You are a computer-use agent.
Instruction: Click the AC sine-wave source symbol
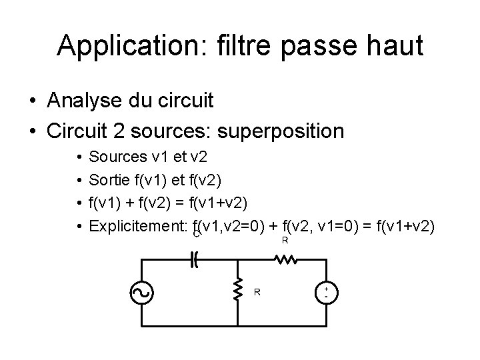tap(143, 293)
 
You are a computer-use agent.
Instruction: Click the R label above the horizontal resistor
tap(285, 241)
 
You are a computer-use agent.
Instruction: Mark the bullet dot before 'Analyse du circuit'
tap(32, 102)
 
